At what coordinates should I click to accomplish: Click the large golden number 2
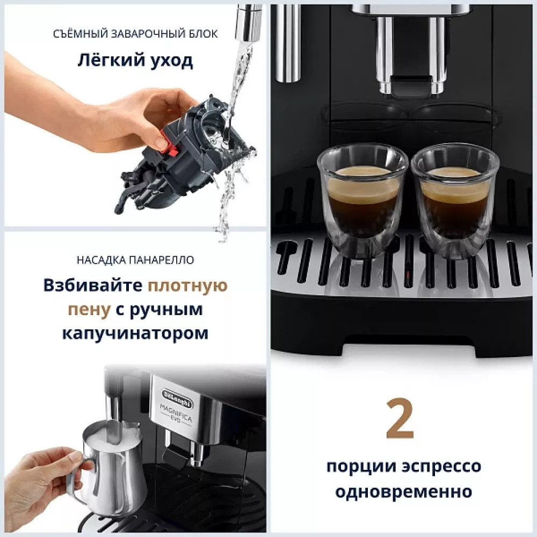[400, 419]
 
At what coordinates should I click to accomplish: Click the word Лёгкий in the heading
[105, 61]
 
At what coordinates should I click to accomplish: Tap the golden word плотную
[188, 285]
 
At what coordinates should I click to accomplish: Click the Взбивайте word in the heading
[93, 285]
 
